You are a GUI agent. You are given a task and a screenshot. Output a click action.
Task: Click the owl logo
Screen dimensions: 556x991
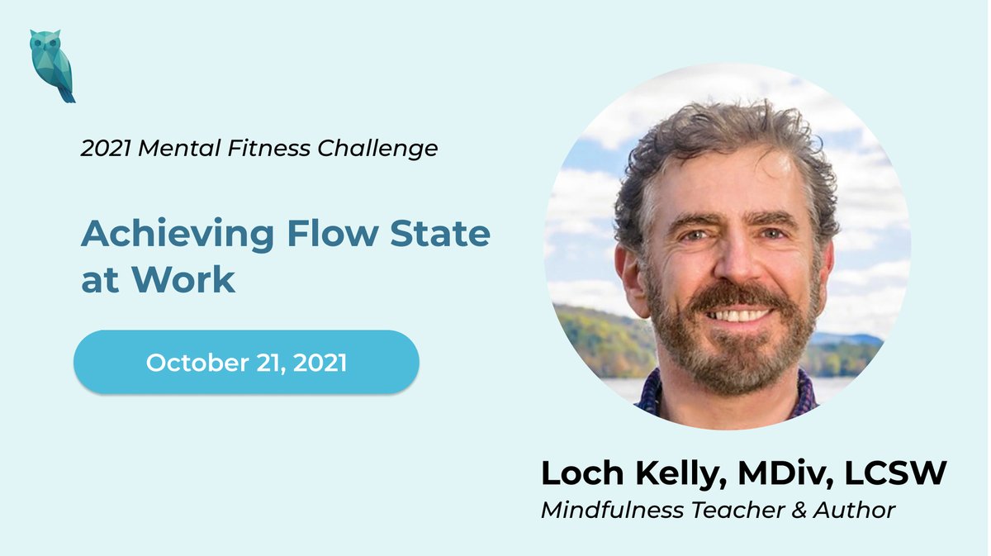click(x=52, y=66)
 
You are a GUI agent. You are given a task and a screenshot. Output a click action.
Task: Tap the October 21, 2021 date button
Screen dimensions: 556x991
click(x=246, y=363)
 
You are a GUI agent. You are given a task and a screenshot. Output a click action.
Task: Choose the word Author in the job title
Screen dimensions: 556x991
click(x=856, y=510)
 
